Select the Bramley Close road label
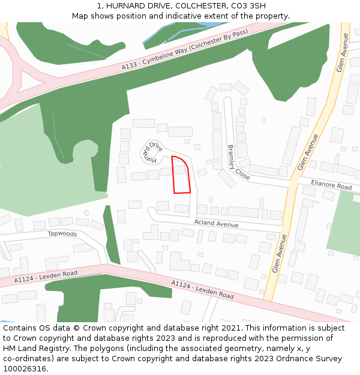click(238, 163)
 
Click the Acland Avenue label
click(216, 224)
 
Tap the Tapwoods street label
click(62, 233)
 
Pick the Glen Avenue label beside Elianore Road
click(308, 152)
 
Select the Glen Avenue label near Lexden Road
click(280, 253)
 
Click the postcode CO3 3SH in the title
click(248, 6)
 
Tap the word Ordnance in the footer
click(291, 359)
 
